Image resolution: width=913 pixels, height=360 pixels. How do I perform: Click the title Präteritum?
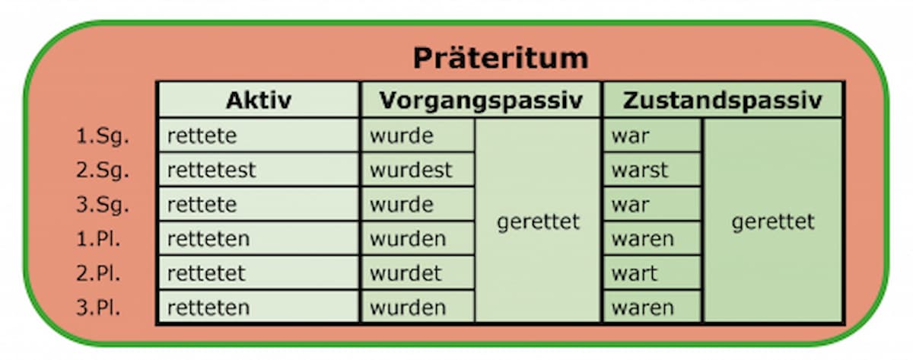501,59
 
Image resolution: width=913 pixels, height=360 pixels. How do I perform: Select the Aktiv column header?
259,100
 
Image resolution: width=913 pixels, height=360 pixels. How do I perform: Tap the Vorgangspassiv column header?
481,100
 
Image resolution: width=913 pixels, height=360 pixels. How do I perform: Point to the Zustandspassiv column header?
722,100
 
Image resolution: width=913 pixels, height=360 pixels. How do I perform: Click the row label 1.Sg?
103,136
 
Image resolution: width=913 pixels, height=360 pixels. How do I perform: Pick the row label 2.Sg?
103,170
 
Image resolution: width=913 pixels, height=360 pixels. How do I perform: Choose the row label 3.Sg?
103,205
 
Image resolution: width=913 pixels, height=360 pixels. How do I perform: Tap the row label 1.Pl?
99,238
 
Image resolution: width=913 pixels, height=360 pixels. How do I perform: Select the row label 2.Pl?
99,273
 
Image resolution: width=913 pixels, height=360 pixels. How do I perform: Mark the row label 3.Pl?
99,307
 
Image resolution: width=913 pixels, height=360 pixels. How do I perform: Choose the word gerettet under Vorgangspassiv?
538,222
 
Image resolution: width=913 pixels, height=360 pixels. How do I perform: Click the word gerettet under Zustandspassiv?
773,222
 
